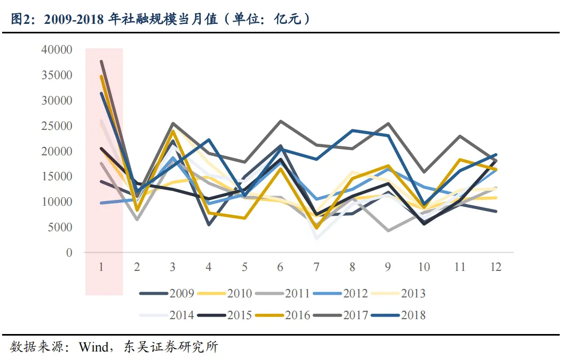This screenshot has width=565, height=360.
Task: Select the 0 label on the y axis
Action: [69, 253]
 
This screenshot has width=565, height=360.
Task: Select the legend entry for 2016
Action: [297, 315]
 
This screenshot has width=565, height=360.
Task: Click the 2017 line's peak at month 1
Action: [101, 62]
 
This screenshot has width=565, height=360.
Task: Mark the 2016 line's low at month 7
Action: [316, 228]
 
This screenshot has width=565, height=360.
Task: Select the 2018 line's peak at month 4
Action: [209, 140]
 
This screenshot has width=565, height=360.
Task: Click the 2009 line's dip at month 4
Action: [209, 225]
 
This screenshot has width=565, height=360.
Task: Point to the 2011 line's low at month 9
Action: [389, 231]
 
